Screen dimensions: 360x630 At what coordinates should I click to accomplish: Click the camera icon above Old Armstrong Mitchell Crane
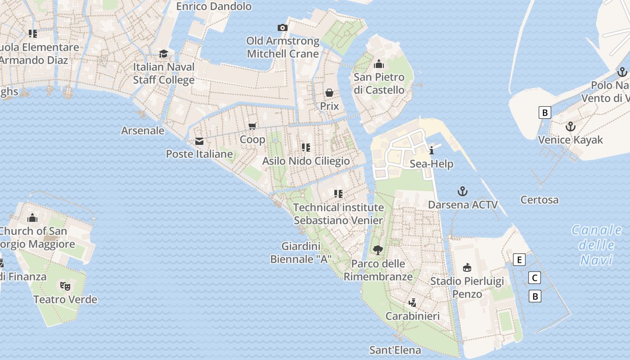click(283, 28)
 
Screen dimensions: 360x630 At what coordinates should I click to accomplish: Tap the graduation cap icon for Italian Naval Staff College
click(163, 54)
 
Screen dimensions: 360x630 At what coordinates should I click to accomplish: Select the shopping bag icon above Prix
click(329, 93)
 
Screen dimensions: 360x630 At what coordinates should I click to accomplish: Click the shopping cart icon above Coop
click(252, 126)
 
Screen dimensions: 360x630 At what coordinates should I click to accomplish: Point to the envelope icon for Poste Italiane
click(199, 141)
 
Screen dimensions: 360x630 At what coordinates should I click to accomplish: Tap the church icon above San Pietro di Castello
click(379, 64)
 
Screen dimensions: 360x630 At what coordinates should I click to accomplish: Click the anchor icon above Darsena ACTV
click(463, 192)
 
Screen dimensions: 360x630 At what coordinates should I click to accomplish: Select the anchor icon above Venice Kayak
click(571, 126)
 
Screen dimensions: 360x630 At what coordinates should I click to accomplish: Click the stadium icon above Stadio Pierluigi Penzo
click(467, 268)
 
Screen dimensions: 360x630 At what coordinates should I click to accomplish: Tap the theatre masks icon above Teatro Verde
click(65, 286)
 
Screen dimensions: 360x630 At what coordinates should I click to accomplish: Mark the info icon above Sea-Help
click(432, 150)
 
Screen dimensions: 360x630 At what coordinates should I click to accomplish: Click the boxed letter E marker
click(519, 260)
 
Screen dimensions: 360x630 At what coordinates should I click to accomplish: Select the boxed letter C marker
click(535, 278)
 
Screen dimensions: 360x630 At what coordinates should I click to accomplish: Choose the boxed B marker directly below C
click(535, 296)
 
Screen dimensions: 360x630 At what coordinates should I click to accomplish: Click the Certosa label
click(539, 200)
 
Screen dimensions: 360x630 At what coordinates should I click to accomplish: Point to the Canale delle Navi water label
click(596, 245)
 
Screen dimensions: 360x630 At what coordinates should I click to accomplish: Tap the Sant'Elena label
click(395, 350)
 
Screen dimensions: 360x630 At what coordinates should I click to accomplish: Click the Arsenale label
click(143, 130)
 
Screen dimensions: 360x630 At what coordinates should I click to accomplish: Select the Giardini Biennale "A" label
click(301, 253)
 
